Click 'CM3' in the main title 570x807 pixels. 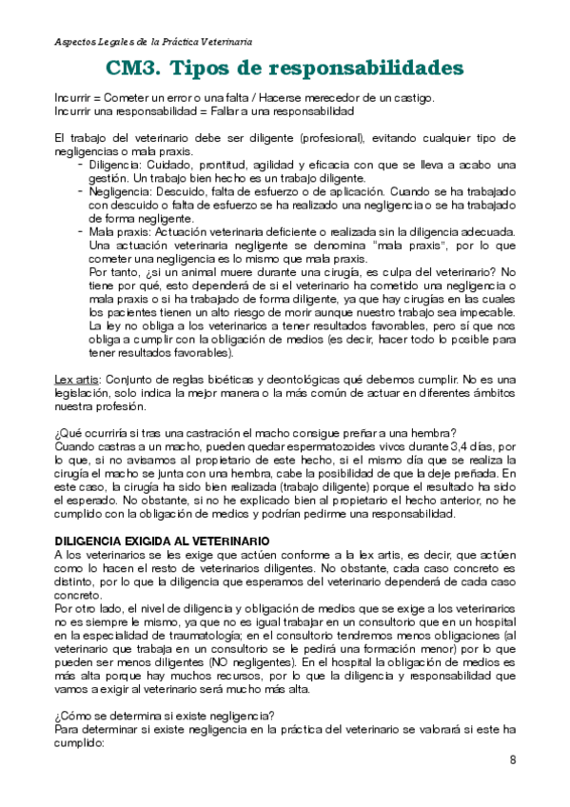(x=135, y=69)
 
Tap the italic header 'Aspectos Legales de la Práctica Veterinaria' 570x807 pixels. (x=153, y=42)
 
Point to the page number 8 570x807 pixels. (x=513, y=759)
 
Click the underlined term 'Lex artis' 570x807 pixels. (x=78, y=379)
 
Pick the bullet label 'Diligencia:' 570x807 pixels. (x=117, y=165)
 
